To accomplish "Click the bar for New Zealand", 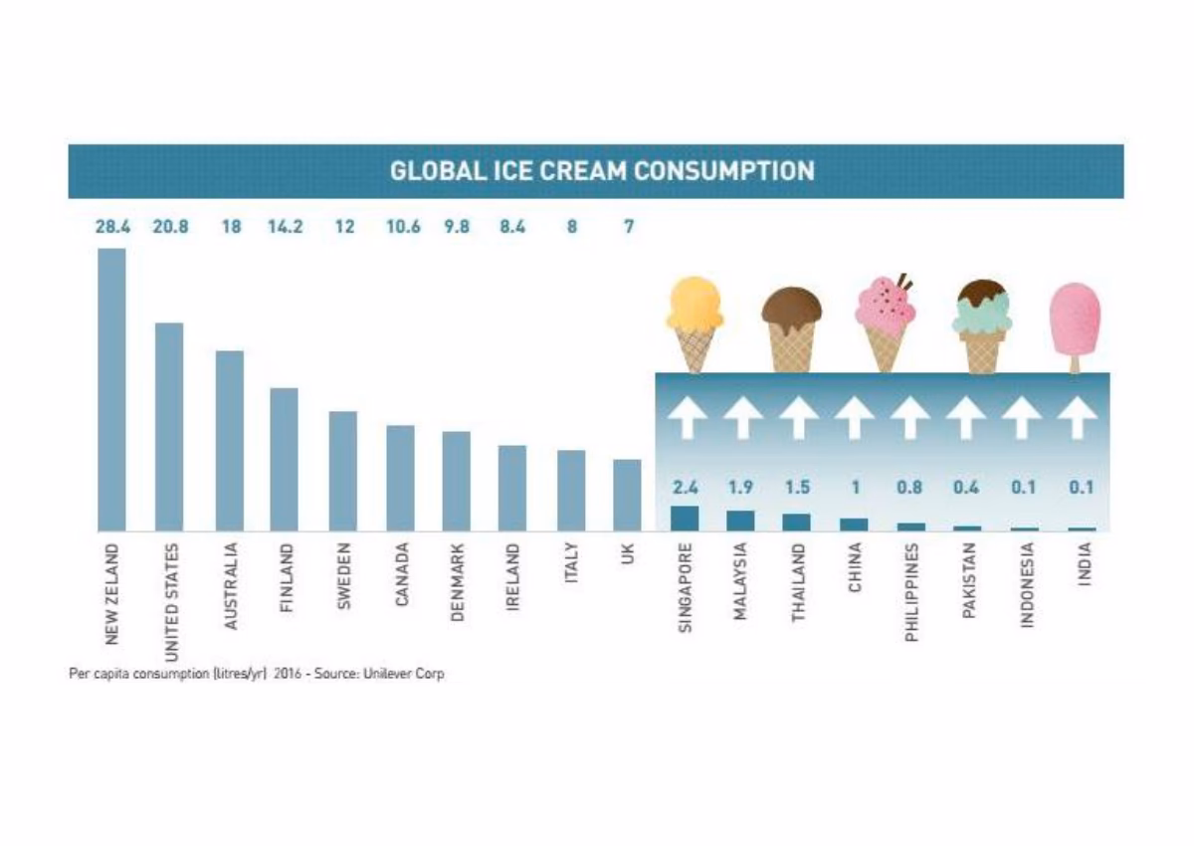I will point(111,388).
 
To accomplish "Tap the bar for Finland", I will point(284,459).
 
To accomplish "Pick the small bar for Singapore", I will point(685,518).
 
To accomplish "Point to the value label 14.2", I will point(285,227).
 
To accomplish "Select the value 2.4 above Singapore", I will point(685,488).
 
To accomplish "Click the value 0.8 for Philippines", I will point(908,488).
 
